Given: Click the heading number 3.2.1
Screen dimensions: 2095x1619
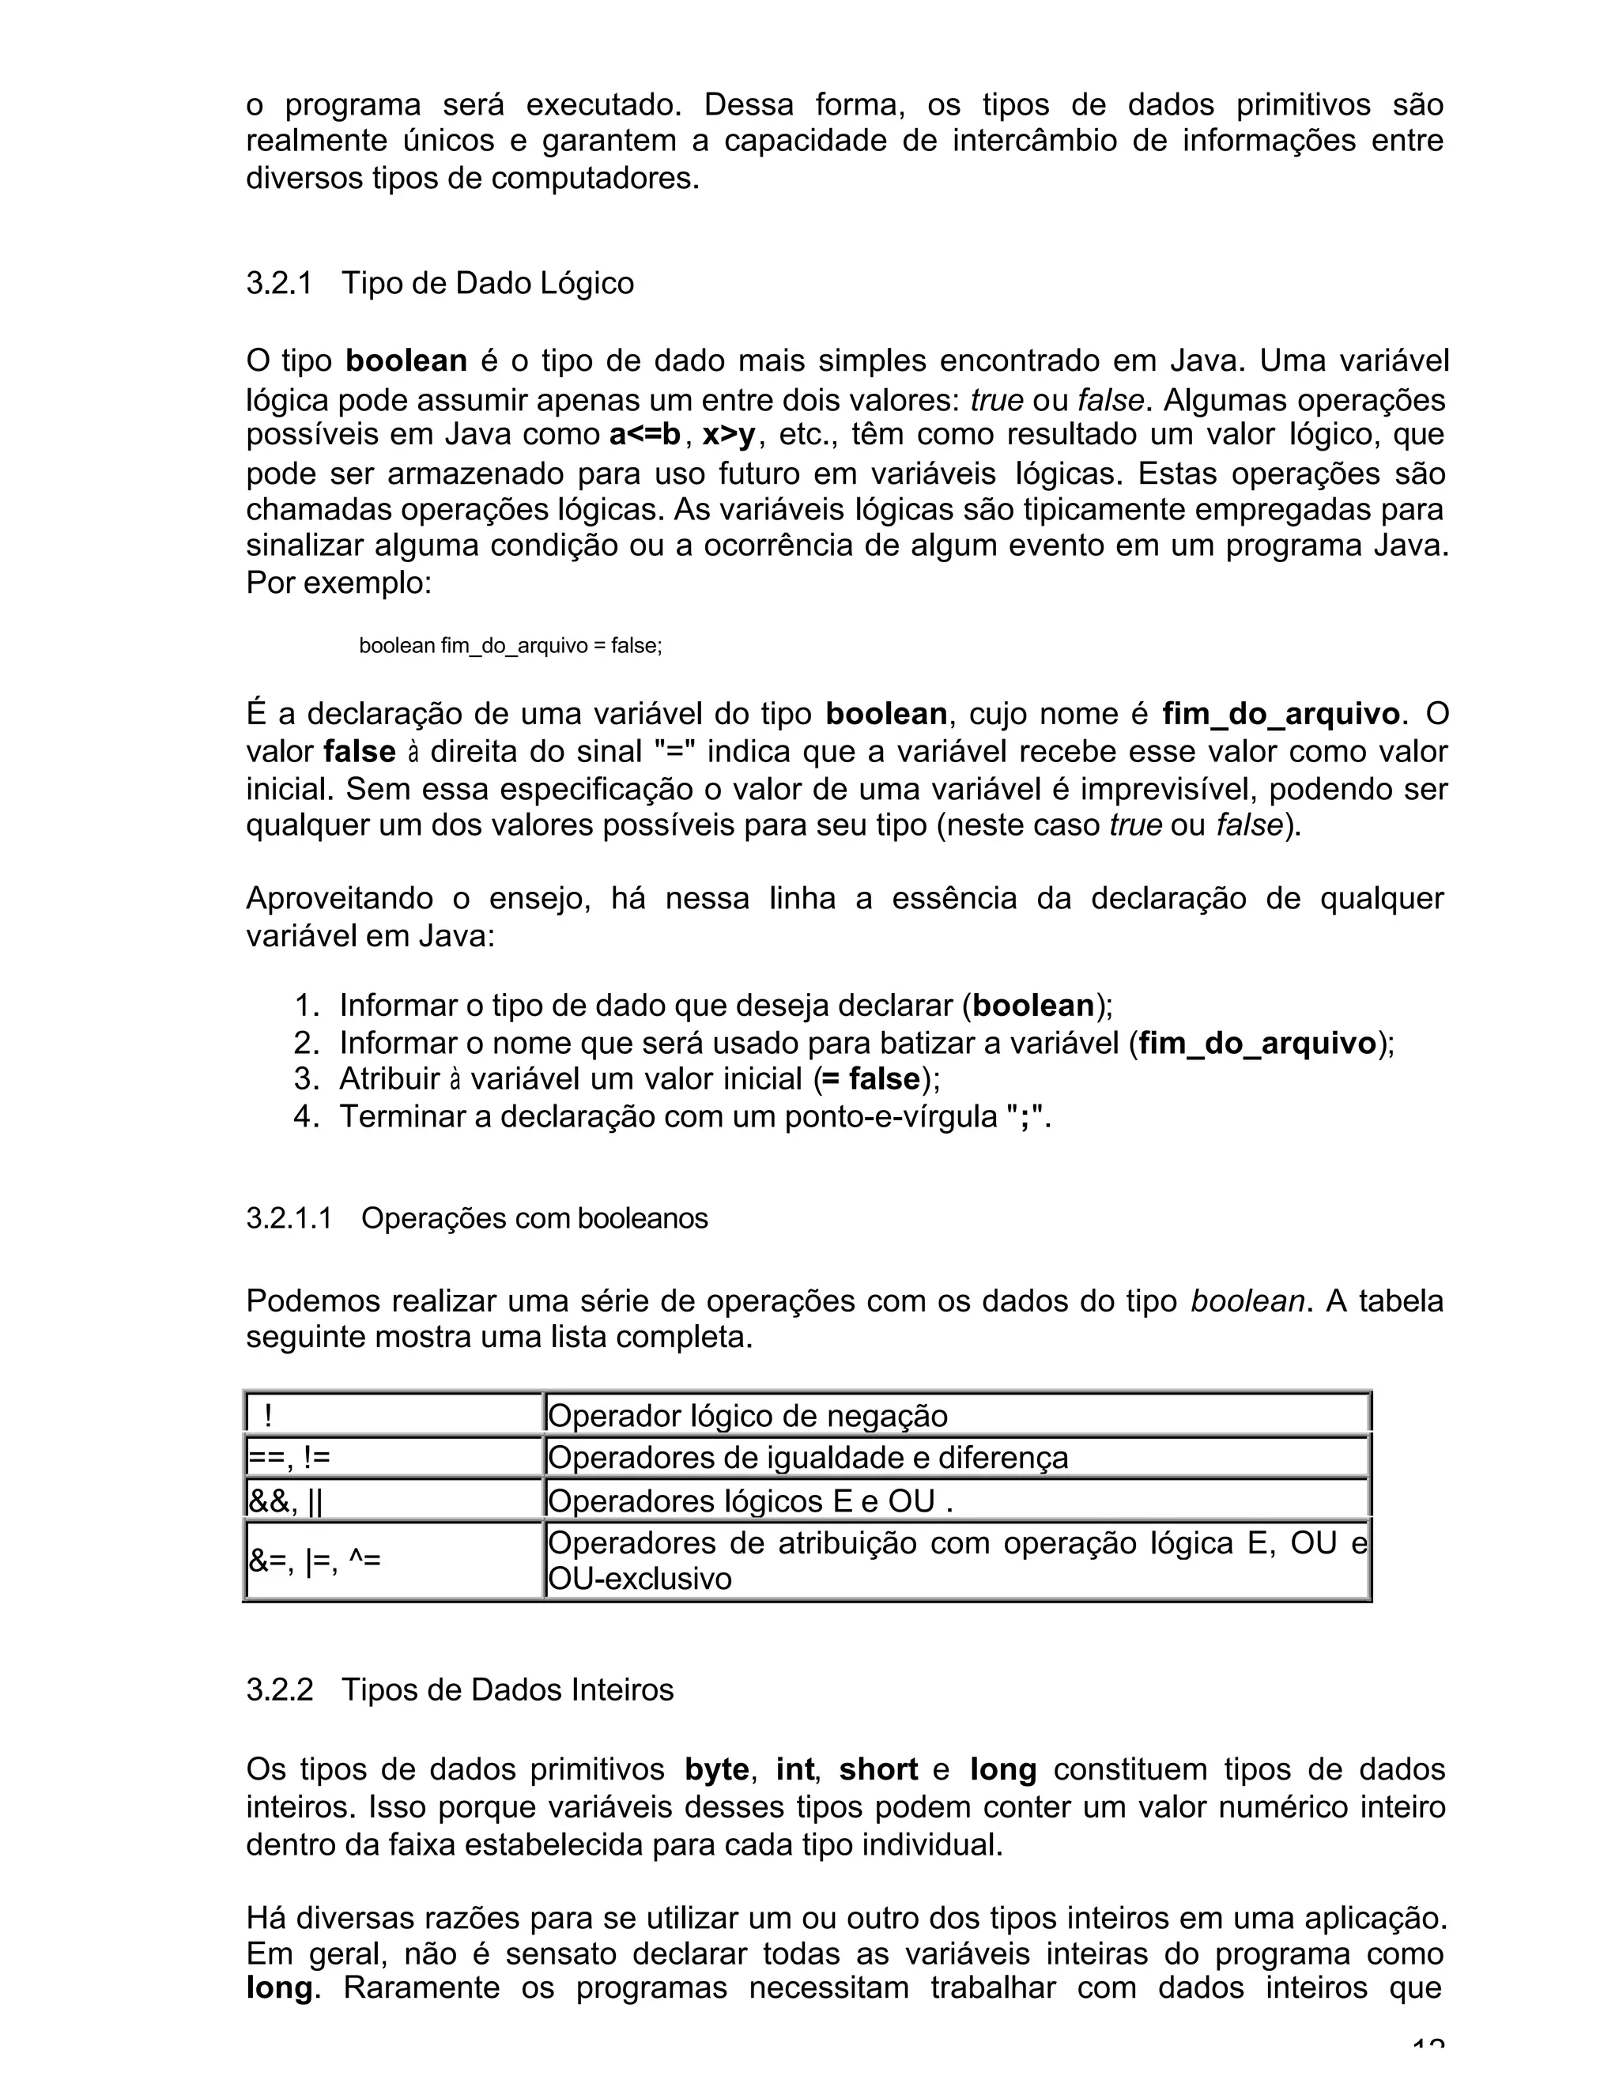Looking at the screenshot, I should pos(279,284).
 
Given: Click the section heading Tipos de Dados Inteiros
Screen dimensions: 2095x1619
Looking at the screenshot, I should pos(508,1689).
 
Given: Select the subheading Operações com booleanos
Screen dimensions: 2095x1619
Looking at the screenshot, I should pos(534,1218).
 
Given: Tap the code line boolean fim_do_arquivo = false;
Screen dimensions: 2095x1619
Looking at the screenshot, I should pos(510,646).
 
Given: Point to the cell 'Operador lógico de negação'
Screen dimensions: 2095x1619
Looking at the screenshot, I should pos(747,1416).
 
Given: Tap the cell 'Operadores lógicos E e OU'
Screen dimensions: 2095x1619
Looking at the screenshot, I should pos(748,1501).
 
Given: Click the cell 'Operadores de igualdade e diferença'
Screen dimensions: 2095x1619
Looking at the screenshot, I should pos(806,1458).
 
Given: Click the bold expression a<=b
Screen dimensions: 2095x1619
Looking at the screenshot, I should pos(644,436).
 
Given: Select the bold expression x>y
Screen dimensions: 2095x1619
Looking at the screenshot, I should pos(729,436).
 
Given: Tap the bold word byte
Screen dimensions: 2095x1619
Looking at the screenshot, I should pos(715,1770).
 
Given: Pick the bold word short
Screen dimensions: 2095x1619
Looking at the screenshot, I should pos(877,1770).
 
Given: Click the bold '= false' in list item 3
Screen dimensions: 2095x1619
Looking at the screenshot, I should pos(871,1080).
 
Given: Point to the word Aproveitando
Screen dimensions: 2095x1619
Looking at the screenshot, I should pos(338,899).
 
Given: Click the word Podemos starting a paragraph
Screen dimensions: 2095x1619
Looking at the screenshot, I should pos(314,1302).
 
